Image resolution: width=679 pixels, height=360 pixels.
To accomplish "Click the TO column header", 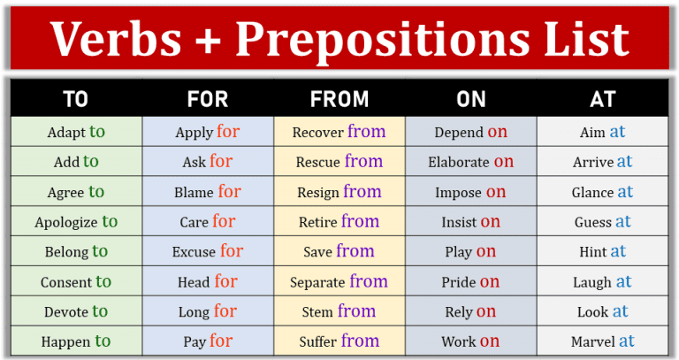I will click(x=75, y=100).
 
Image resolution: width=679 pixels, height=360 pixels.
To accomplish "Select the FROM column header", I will click(x=339, y=100).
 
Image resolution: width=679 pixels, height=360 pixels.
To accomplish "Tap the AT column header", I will click(x=602, y=100).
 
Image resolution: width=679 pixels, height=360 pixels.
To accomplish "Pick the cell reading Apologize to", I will click(x=75, y=222).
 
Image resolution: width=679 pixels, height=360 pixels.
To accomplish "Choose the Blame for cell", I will click(x=208, y=192).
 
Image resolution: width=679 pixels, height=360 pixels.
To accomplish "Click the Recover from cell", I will click(x=339, y=132).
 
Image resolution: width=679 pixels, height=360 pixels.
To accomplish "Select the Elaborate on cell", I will click(x=470, y=162).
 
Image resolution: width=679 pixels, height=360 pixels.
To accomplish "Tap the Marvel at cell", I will click(x=602, y=341).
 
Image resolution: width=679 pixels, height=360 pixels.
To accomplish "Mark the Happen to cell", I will click(x=75, y=341).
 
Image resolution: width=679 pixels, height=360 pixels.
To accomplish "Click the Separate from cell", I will click(x=339, y=282).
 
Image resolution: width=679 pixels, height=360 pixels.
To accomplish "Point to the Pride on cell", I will click(x=470, y=282).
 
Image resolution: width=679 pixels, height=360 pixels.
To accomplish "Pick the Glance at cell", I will click(x=602, y=192).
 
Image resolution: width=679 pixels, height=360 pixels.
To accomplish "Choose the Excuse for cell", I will click(x=208, y=252).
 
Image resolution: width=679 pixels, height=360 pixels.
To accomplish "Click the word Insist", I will click(x=459, y=223).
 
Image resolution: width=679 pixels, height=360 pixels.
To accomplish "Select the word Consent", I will click(x=65, y=283).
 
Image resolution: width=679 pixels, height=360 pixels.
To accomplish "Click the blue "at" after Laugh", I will click(x=623, y=281).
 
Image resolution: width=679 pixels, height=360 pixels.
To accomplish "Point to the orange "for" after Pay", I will click(x=221, y=341).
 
